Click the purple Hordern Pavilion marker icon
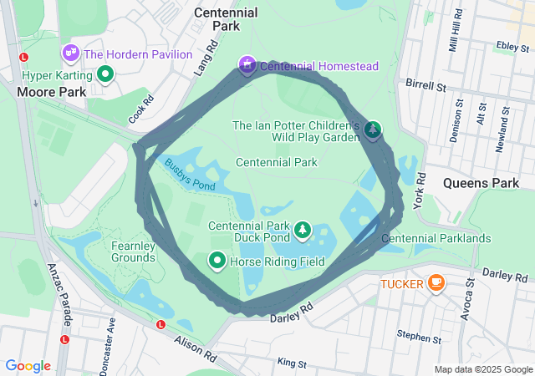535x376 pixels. tap(71, 53)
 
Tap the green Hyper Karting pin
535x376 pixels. tap(105, 74)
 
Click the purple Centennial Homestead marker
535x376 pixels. tap(247, 64)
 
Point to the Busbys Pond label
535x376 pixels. tap(190, 175)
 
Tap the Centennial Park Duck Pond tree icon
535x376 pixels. tap(302, 229)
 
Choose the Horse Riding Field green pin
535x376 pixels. tap(217, 262)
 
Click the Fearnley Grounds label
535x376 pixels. tap(134, 252)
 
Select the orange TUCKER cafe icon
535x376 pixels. tap(435, 283)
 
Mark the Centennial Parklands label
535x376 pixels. tap(436, 239)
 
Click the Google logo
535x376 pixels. tap(28, 366)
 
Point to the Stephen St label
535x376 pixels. tap(419, 338)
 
